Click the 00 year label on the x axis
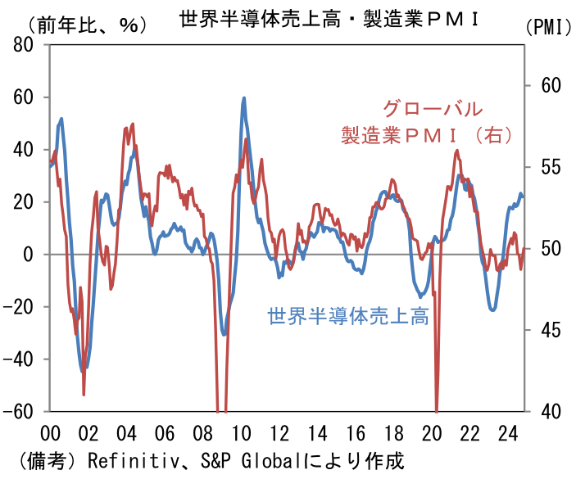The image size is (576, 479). pyautogui.click(x=49, y=432)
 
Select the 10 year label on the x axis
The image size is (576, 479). pyautogui.click(x=241, y=432)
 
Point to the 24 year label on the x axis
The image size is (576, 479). pyautogui.click(x=508, y=432)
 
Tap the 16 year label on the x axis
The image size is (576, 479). pyautogui.click(x=356, y=432)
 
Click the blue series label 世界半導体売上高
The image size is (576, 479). pyautogui.click(x=348, y=315)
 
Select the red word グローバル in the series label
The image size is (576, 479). pyautogui.click(x=433, y=109)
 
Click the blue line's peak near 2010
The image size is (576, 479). pyautogui.click(x=243, y=98)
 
